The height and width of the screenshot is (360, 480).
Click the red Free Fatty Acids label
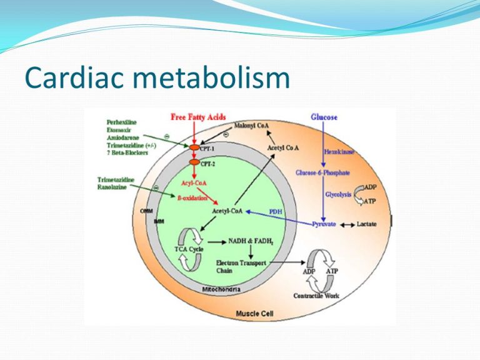click(x=198, y=117)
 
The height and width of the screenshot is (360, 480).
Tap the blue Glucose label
click(x=324, y=117)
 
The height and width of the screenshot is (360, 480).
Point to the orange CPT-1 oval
click(x=194, y=148)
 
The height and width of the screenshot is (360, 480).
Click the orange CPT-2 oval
click(x=195, y=164)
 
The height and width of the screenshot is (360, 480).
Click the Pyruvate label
click(x=324, y=224)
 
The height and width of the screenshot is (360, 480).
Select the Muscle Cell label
click(x=252, y=312)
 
